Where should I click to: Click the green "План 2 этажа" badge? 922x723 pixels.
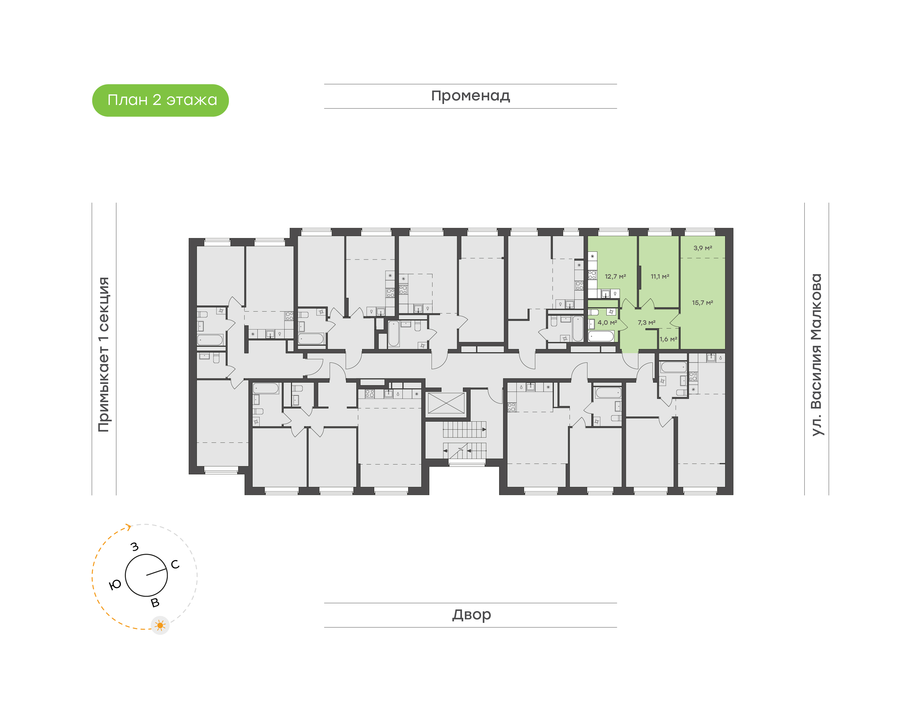(160, 100)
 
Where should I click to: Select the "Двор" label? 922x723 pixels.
(471, 614)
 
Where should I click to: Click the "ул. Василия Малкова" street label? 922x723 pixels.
(816, 355)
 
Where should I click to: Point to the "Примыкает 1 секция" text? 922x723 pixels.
(103, 354)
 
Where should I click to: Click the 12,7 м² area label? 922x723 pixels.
(615, 276)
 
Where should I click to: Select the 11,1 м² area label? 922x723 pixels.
(659, 276)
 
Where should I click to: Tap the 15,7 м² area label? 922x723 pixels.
(702, 303)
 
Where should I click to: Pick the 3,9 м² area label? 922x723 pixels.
(702, 248)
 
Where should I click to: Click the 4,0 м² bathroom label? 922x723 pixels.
(607, 322)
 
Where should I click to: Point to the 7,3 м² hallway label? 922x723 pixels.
(646, 322)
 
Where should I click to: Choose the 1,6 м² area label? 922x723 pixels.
(668, 339)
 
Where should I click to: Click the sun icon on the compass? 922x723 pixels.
(160, 625)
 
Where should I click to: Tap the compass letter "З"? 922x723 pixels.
(135, 546)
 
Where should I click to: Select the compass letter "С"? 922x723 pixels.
(175, 564)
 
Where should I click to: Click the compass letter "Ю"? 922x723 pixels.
(115, 585)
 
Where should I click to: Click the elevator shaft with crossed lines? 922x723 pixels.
(446, 403)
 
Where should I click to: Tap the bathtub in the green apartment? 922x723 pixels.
(601, 337)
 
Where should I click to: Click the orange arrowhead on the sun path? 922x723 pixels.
(128, 527)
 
